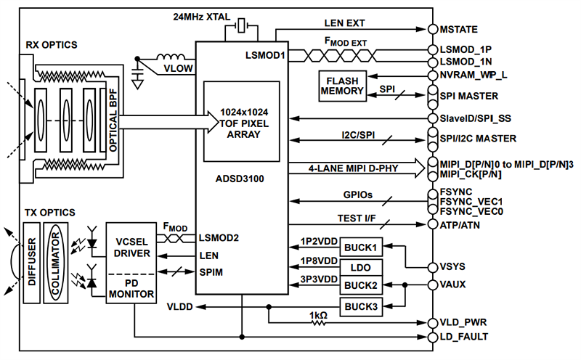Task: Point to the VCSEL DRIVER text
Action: coord(132,247)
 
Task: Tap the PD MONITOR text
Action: coord(132,289)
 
